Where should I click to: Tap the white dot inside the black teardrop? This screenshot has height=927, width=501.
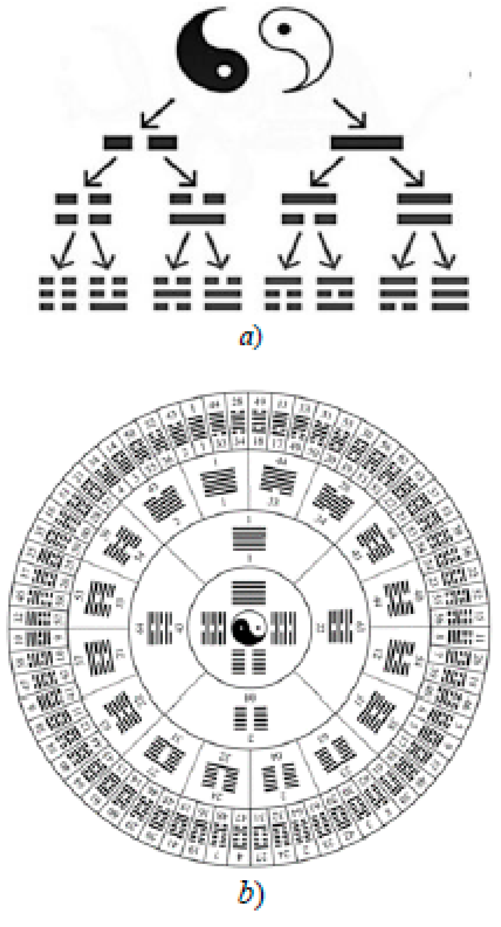(x=224, y=71)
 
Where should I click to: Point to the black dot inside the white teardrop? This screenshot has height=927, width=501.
(x=284, y=29)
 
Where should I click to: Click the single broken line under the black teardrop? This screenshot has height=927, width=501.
(x=140, y=143)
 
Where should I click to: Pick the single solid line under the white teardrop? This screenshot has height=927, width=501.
(x=367, y=143)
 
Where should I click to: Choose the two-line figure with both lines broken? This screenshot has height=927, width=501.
(x=83, y=208)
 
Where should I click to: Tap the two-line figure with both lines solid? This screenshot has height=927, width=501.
(x=425, y=208)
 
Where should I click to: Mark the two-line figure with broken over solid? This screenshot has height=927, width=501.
(x=197, y=208)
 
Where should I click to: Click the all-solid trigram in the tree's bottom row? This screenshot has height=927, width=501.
(x=450, y=293)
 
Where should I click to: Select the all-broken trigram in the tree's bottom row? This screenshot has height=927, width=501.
(x=58, y=293)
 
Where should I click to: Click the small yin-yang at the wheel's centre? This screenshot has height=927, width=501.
(x=249, y=628)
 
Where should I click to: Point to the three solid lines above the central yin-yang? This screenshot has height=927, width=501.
(x=249, y=592)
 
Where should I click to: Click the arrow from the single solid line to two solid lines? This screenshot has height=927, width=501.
(x=408, y=172)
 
